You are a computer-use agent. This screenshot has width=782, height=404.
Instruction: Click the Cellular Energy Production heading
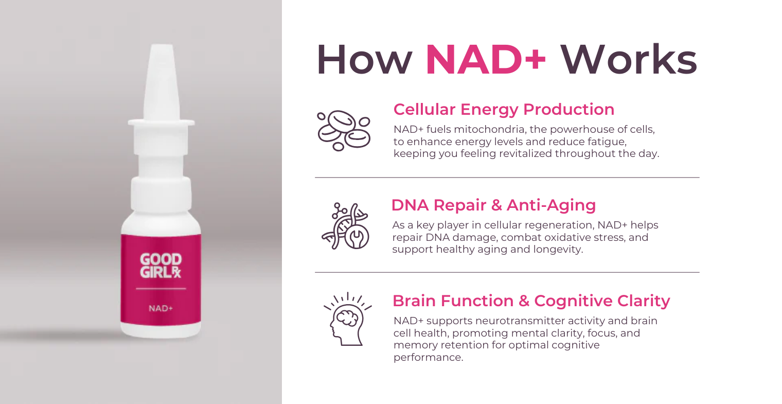pos(504,110)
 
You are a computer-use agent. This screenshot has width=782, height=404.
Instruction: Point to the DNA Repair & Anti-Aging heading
pos(494,205)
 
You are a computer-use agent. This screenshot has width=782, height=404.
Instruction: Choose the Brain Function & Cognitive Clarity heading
pos(531,301)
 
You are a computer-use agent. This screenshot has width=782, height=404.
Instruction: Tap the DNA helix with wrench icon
pos(345,226)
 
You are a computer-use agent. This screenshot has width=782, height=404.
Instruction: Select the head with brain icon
pos(347,319)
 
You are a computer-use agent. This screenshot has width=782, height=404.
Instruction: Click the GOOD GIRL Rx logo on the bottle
pos(161,266)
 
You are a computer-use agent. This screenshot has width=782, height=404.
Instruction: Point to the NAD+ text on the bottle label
pos(161,309)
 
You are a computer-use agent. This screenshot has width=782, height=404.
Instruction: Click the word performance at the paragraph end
pos(428,358)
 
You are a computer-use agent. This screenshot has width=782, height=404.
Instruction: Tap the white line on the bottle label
pos(161,289)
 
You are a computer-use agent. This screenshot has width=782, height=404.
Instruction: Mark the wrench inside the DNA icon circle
pos(357,237)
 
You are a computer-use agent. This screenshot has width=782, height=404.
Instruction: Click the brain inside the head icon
pos(347,318)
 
